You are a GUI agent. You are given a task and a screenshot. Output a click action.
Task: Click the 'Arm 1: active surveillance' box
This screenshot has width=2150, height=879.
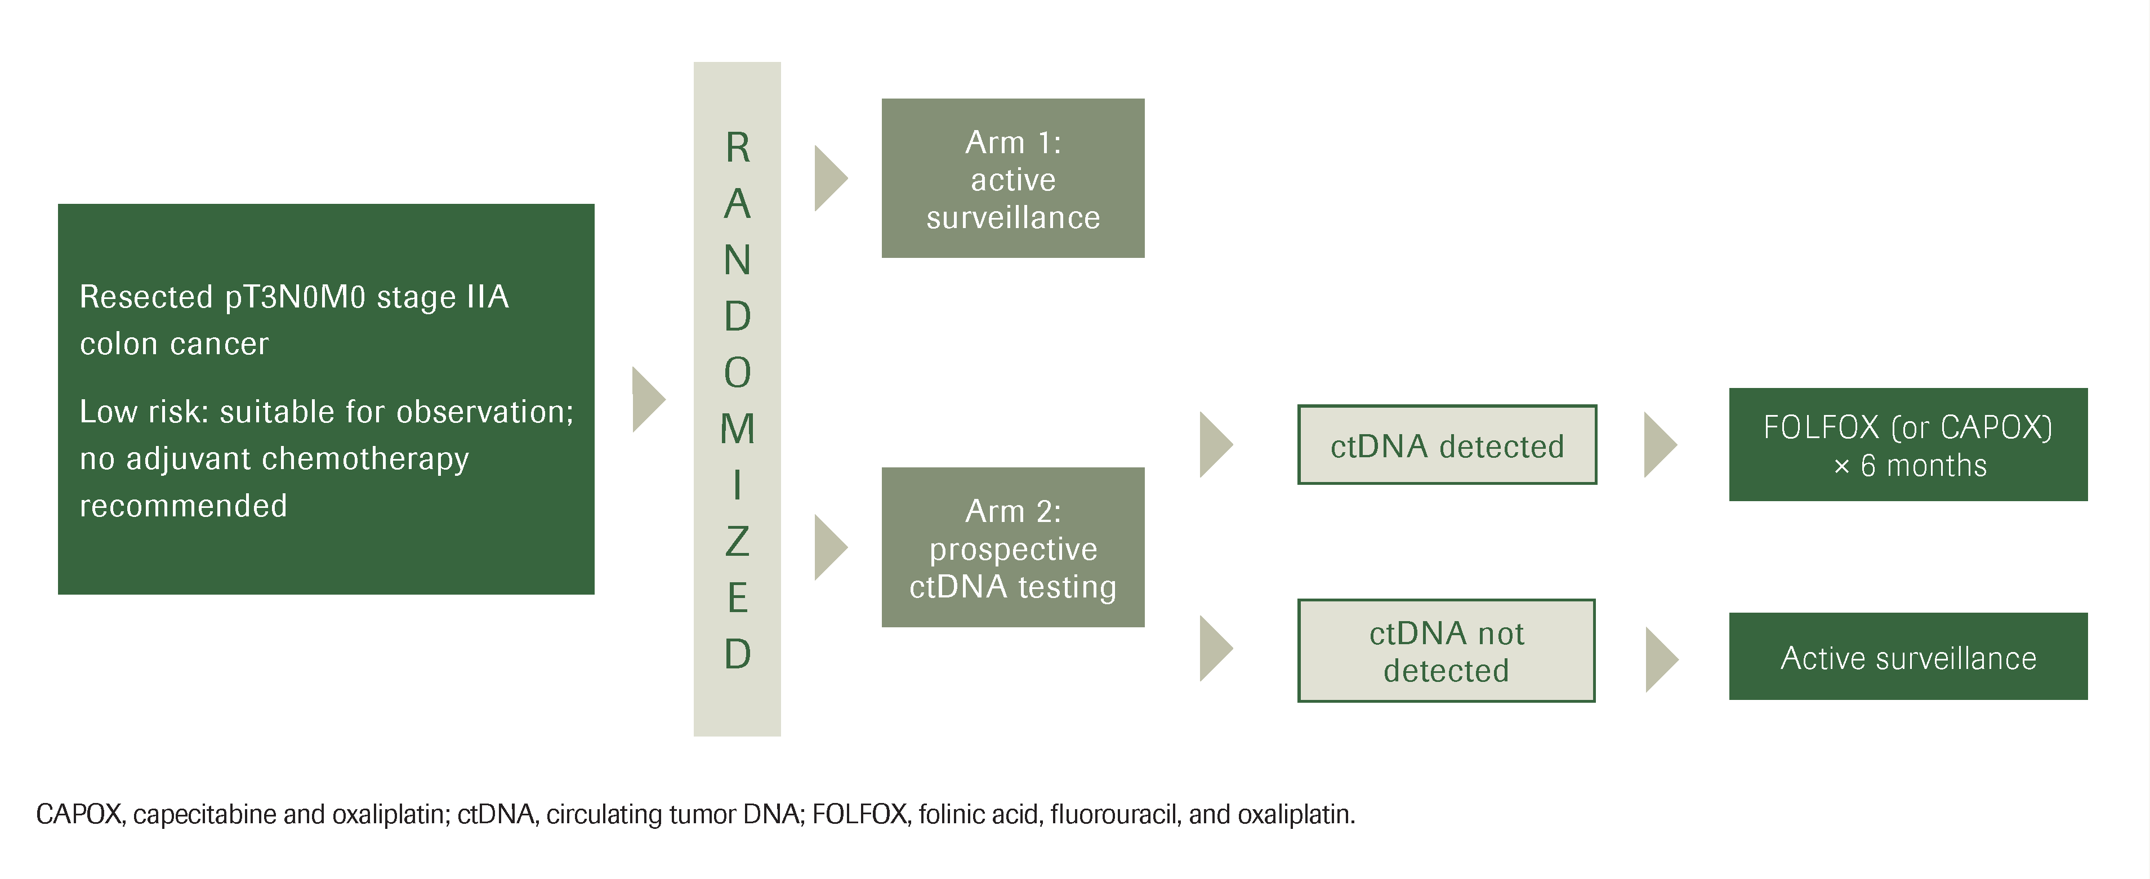click(x=1012, y=179)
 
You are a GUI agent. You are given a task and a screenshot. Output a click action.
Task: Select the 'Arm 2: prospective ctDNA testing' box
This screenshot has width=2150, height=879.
click(x=1012, y=547)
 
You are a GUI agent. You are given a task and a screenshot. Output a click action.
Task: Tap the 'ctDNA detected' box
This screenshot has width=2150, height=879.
click(x=1447, y=445)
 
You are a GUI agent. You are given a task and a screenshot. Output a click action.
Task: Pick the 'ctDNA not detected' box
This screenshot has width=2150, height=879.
click(x=1447, y=650)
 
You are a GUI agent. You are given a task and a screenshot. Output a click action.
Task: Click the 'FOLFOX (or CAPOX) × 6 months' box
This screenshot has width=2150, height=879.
click(x=1907, y=444)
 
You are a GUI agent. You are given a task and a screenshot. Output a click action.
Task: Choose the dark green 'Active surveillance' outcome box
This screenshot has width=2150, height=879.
click(x=1907, y=657)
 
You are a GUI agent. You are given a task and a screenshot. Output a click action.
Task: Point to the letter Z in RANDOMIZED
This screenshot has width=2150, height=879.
click(x=737, y=542)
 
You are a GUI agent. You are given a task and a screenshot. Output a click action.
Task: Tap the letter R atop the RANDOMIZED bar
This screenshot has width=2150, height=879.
click(x=737, y=148)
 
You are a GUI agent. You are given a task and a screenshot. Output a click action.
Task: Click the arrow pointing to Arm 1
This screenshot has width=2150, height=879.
click(x=829, y=178)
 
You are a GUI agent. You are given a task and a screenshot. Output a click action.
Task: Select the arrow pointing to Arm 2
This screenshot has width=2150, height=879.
click(x=829, y=547)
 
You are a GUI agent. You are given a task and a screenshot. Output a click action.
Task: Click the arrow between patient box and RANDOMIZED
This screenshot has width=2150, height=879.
click(x=648, y=399)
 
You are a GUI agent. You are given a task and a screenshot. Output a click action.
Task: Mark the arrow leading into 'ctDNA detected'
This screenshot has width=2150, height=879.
click(x=1215, y=444)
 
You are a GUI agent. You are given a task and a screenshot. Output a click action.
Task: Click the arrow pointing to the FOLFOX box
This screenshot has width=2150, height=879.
click(x=1659, y=444)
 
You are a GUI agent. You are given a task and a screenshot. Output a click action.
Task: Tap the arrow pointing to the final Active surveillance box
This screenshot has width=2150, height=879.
click(x=1661, y=659)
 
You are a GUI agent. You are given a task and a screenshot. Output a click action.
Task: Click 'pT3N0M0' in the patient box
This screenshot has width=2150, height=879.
click(x=296, y=298)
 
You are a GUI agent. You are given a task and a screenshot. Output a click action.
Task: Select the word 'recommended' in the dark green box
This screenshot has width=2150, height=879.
click(x=184, y=506)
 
